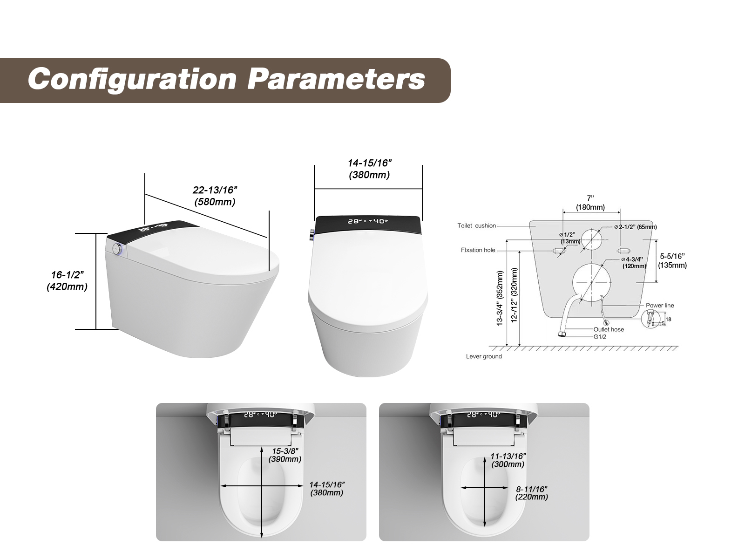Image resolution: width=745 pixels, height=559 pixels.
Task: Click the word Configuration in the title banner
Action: pyautogui.click(x=132, y=79)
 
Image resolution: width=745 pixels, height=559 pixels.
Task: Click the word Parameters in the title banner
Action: pyautogui.click(x=336, y=79)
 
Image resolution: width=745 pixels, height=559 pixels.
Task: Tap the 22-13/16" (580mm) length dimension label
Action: pyautogui.click(x=215, y=196)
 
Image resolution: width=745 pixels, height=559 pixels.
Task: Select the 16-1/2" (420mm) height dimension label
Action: pyautogui.click(x=67, y=281)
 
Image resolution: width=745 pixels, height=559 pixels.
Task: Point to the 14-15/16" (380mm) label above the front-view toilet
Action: pyautogui.click(x=369, y=169)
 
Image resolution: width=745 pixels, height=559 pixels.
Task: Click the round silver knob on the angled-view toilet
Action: pyautogui.click(x=117, y=247)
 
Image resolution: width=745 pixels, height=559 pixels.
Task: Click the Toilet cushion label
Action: pyautogui.click(x=476, y=226)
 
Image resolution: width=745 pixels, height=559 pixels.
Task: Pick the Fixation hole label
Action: pyautogui.click(x=478, y=250)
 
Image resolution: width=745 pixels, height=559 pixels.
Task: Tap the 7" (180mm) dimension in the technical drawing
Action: pyautogui.click(x=590, y=203)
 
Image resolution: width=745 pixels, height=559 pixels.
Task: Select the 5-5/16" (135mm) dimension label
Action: pyautogui.click(x=672, y=261)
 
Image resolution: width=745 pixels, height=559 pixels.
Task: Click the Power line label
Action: pyautogui.click(x=660, y=305)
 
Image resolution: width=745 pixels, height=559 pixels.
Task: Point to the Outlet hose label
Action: pyautogui.click(x=609, y=329)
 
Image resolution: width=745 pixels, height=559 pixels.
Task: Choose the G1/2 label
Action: pyautogui.click(x=600, y=337)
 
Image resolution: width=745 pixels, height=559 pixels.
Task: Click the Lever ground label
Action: pyautogui.click(x=484, y=356)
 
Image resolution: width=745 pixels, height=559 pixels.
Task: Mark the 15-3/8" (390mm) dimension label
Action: pyautogui.click(x=285, y=455)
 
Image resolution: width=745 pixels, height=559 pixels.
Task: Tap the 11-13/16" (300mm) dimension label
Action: pyautogui.click(x=508, y=460)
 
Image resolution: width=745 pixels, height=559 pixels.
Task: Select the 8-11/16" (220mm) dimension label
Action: pyautogui.click(x=532, y=493)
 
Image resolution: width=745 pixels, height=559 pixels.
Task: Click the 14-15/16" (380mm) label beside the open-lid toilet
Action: pyautogui.click(x=327, y=488)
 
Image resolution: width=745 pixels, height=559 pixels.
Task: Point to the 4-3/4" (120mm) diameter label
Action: pyautogui.click(x=634, y=263)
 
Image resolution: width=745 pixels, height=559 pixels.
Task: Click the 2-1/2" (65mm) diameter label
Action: pyautogui.click(x=636, y=227)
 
